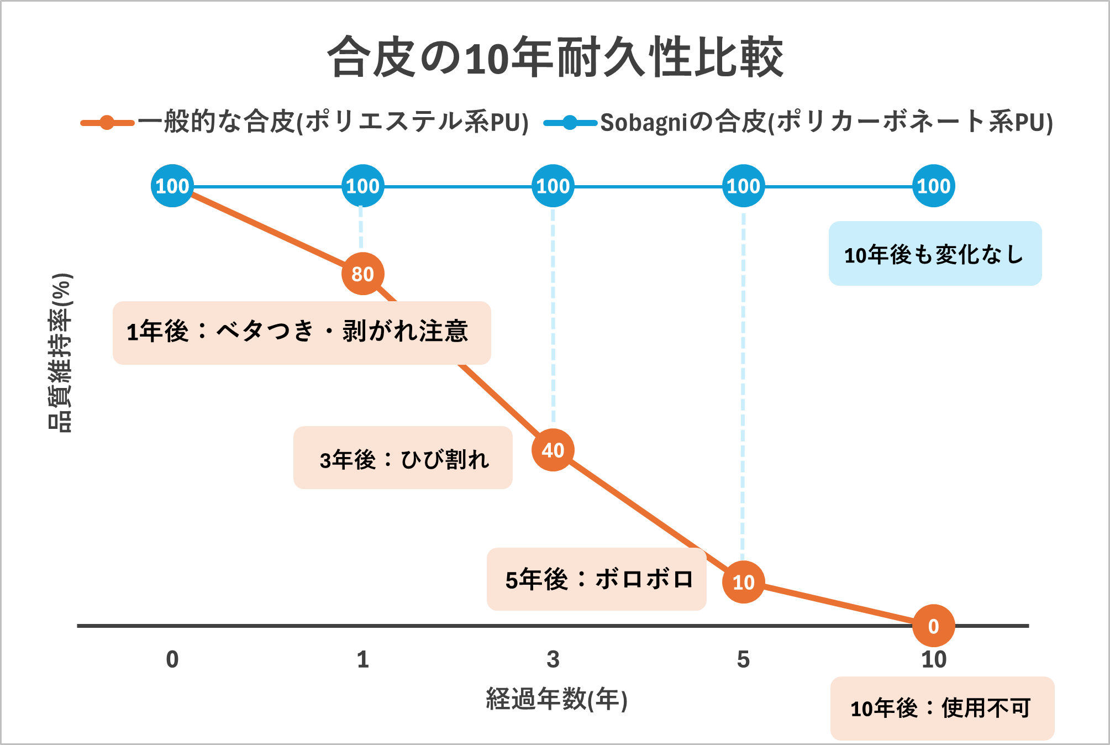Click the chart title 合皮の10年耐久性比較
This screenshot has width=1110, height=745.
555,57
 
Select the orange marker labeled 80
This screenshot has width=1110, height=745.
362,274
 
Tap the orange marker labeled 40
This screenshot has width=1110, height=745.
553,450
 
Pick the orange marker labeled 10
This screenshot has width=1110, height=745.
743,582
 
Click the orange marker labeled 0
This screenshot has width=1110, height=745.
933,626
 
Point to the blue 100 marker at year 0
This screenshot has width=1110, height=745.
172,186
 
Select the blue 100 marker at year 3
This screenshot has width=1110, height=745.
553,186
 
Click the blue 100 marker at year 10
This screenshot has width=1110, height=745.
933,186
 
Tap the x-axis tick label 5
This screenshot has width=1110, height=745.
743,659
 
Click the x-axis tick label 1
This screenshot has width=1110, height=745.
362,659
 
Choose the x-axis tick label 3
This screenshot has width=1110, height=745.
553,659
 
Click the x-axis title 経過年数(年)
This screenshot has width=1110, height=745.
556,699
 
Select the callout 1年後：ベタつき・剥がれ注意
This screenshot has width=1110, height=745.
302,333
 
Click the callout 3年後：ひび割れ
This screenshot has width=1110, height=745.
403,458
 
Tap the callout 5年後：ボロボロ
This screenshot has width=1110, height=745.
596,579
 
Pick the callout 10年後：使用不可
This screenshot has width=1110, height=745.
941,708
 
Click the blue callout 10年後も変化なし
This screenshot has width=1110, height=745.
935,254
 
